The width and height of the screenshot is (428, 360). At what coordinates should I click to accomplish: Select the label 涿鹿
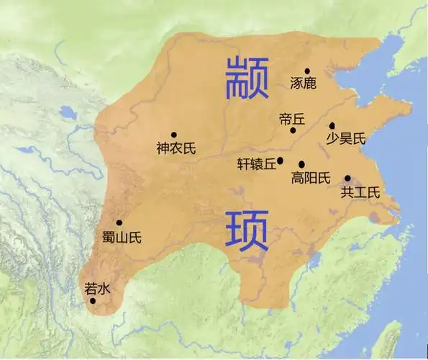click(304, 84)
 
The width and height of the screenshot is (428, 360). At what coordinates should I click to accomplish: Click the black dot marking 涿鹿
click(307, 71)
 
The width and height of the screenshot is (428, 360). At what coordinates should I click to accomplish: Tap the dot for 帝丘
click(293, 130)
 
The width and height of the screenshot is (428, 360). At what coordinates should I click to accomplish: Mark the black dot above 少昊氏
click(332, 125)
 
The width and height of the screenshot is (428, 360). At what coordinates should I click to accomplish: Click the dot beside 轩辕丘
click(280, 161)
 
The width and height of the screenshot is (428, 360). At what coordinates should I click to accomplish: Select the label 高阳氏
click(311, 177)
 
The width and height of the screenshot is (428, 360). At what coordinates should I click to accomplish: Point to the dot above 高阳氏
click(301, 164)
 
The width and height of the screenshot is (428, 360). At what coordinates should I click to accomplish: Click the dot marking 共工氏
click(347, 178)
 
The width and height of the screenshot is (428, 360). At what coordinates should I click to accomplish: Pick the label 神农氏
click(176, 149)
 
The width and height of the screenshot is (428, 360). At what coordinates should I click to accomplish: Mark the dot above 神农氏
click(173, 135)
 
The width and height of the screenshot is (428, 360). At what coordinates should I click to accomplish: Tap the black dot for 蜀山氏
click(119, 222)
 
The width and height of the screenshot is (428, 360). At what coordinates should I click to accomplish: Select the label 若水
click(97, 288)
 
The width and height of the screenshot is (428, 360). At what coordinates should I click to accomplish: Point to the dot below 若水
click(93, 301)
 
